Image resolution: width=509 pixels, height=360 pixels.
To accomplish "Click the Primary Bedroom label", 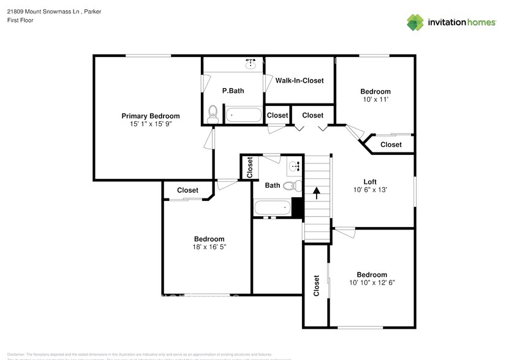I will coord(150,116).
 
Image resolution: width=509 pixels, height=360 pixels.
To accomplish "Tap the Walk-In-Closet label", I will coord(299,80).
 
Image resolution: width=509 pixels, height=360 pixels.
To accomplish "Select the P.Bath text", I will coord(233,91).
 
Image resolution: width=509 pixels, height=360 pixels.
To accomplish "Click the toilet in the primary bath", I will coord(213,112).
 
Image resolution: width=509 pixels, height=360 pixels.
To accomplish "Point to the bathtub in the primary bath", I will coord(244,114).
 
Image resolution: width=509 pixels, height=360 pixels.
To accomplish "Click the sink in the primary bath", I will coord(250,63).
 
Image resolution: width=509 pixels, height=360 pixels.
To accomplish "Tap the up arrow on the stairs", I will coord(317,193).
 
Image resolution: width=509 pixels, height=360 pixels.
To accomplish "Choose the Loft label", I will coord(370,181).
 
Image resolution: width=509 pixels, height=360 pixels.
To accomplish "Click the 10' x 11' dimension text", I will coord(375,99).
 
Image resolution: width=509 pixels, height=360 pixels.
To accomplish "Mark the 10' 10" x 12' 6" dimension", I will coord(372,282).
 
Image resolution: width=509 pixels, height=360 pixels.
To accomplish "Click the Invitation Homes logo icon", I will coord(416,22).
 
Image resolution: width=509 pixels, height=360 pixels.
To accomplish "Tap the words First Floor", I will coord(20,20).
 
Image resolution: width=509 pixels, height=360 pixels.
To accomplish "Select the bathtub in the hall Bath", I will coord(272,208).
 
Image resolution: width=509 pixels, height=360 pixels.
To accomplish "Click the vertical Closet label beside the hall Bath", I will coord(249,167).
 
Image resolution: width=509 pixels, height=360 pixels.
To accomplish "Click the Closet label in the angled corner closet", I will coord(391,144).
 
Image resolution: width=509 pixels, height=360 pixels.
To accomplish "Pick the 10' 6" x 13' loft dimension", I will coord(370,190).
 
